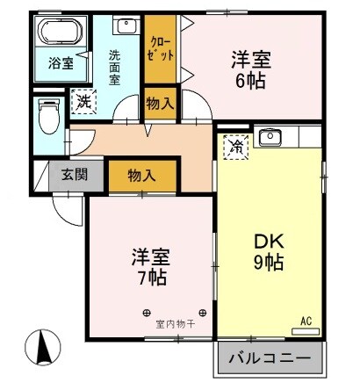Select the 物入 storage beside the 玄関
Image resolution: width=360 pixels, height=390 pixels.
pos(141,175)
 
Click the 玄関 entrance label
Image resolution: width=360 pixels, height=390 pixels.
pos(74,174)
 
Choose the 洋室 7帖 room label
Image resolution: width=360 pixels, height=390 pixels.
pos(151,268)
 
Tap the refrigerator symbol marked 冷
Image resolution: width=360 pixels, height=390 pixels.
pos(235,145)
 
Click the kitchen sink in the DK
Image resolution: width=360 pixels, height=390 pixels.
pos(270,137)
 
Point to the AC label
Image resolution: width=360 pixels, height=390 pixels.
pos(306,321)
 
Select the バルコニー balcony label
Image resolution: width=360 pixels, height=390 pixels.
pos(268,359)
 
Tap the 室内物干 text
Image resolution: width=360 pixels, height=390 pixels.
pos(174,323)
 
